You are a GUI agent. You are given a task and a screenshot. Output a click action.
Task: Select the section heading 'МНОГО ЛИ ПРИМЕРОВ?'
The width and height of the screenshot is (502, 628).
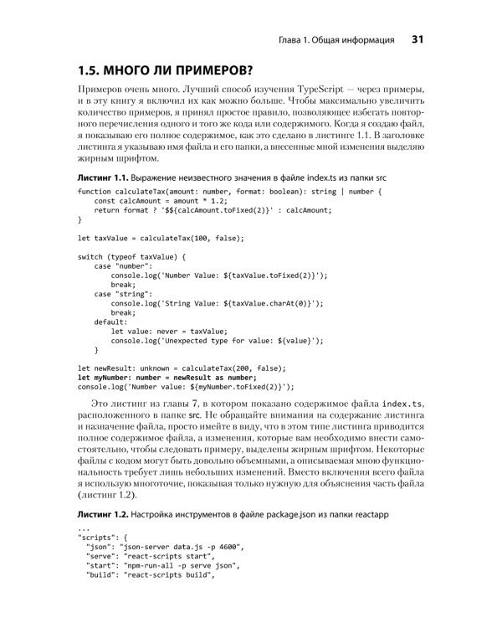tap(179, 69)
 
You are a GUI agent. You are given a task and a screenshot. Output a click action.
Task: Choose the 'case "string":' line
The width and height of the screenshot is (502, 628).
tap(123, 294)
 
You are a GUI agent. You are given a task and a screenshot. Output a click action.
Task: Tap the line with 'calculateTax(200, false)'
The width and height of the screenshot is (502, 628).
tap(182, 368)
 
